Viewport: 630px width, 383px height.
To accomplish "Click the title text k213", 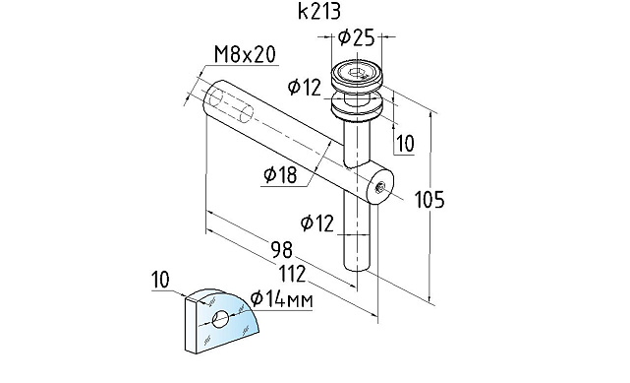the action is [x=319, y=11].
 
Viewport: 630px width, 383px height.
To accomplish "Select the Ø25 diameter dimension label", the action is [x=356, y=37].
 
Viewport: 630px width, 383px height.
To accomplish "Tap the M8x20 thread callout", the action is [x=245, y=55].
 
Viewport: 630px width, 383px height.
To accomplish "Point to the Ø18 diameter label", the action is [x=280, y=174].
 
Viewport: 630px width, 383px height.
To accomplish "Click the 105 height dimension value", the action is [x=430, y=200].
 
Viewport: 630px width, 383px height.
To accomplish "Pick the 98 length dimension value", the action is [x=282, y=249].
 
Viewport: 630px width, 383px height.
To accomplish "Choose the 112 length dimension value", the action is [x=292, y=274].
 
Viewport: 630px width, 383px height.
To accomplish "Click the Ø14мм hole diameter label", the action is [x=281, y=299].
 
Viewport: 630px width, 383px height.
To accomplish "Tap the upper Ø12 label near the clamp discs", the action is [x=305, y=87].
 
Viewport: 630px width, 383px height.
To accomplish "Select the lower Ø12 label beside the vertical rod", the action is [x=317, y=223].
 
